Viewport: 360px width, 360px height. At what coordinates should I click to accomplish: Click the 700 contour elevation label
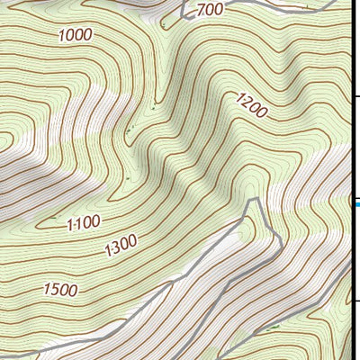[x=209, y=10]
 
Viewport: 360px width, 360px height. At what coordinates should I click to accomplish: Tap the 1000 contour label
[x=76, y=35]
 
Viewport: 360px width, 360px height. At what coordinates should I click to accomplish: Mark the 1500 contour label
[x=59, y=290]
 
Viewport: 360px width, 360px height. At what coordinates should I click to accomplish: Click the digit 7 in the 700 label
[x=200, y=10]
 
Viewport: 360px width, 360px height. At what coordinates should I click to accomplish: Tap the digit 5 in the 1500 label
[x=52, y=290]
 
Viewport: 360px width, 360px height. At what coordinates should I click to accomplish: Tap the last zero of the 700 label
[x=218, y=10]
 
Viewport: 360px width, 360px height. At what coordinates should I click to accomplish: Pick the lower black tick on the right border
[x=355, y=301]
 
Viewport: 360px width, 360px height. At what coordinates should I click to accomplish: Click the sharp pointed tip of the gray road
[x=257, y=200]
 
